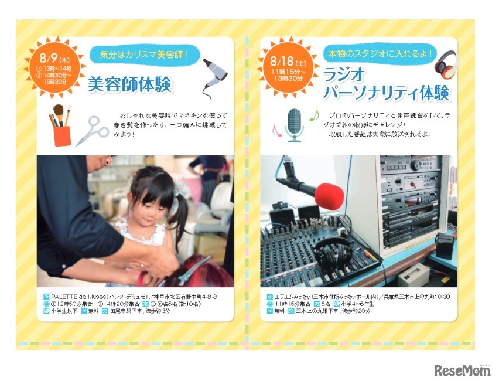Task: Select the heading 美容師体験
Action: [x=129, y=85]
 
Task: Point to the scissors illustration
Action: [x=91, y=130]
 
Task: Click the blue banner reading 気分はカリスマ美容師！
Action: [x=144, y=55]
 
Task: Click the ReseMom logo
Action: [x=462, y=370]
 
